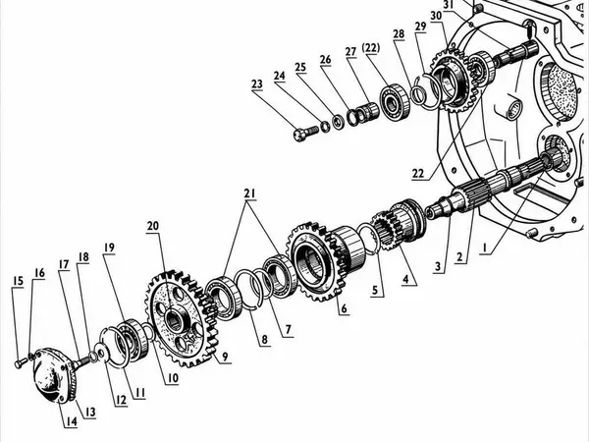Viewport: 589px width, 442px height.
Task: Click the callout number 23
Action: pyautogui.click(x=257, y=83)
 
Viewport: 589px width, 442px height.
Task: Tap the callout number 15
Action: pyautogui.click(x=18, y=282)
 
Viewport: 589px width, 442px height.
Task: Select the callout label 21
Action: pyautogui.click(x=249, y=193)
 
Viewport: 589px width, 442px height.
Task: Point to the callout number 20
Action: pyautogui.click(x=153, y=226)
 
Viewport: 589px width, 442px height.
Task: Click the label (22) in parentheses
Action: pyautogui.click(x=371, y=48)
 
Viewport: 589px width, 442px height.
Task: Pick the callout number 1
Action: pyautogui.click(x=485, y=249)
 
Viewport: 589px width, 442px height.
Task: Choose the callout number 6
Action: pyautogui.click(x=344, y=308)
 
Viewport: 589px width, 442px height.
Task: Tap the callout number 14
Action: pyautogui.click(x=72, y=421)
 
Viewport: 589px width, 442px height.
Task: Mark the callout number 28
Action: pyautogui.click(x=399, y=33)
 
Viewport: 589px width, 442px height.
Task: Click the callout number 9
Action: pyautogui.click(x=225, y=357)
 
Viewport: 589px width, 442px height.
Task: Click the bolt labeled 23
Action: pyautogui.click(x=305, y=133)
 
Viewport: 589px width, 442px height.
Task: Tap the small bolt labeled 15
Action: pyautogui.click(x=21, y=362)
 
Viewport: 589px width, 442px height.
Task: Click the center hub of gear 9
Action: pyautogui.click(x=174, y=319)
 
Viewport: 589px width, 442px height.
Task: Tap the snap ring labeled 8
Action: pyautogui.click(x=248, y=290)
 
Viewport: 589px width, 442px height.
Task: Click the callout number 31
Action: pyautogui.click(x=449, y=5)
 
